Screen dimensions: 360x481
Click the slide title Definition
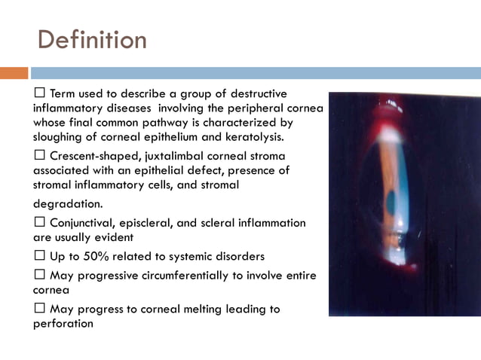click(x=91, y=39)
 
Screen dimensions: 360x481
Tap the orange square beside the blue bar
click(x=14, y=73)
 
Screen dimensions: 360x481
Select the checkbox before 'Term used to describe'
click(x=40, y=93)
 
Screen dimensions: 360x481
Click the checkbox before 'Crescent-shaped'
click(x=40, y=156)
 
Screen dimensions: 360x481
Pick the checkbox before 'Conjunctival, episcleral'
click(x=40, y=223)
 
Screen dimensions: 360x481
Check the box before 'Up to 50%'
click(x=40, y=256)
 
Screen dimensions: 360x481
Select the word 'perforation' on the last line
click(x=63, y=323)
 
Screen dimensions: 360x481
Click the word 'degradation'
click(x=67, y=203)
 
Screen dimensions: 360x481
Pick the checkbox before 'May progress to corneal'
click(x=40, y=309)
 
